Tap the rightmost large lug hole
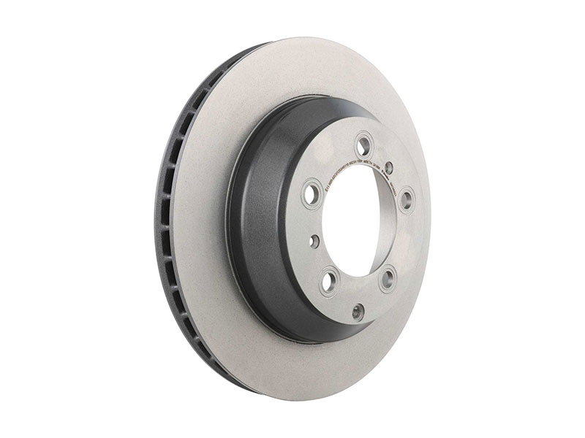[407, 197]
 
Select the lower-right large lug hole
[389, 276]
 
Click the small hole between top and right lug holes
[390, 167]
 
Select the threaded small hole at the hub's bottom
[358, 310]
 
